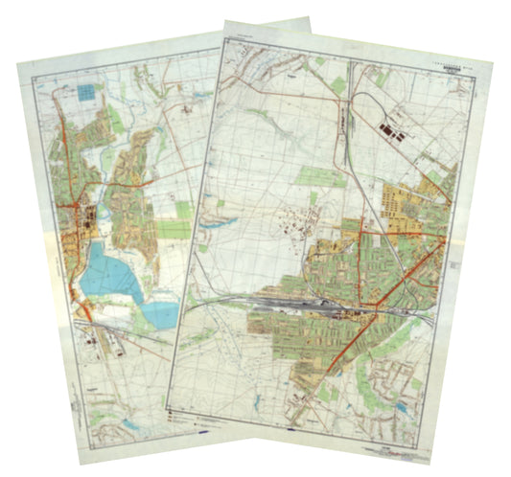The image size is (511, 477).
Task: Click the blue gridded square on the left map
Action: coord(87,93)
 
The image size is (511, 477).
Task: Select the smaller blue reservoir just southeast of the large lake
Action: coord(162,312)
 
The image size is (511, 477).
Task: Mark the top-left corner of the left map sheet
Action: coord(17,62)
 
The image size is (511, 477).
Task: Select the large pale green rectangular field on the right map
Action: coord(320,176)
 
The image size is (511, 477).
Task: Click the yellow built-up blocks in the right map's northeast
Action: coord(407,201)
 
